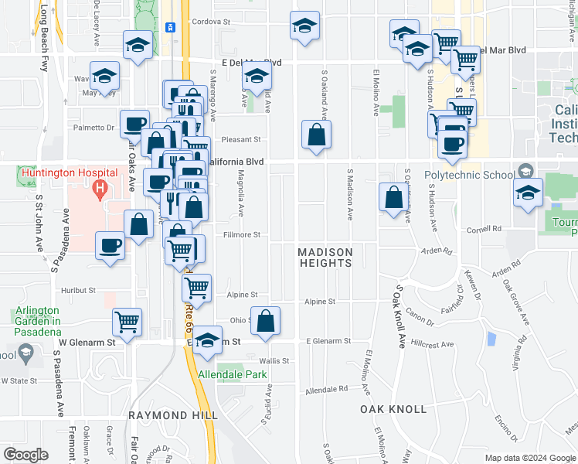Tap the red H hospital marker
99,188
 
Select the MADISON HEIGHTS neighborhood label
325,258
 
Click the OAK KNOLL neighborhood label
393,408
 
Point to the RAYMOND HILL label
168,415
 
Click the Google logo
25,454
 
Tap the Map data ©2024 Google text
529,458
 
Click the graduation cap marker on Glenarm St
207,341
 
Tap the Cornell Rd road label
484,230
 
